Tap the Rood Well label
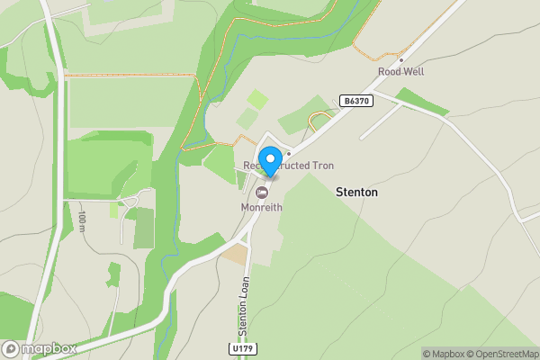pos(400,72)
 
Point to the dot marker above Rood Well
pos(400,59)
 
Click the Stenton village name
pos(356,193)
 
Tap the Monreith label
pos(262,207)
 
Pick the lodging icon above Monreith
pos(262,193)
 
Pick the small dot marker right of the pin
pos(288,153)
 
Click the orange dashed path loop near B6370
pos(319,121)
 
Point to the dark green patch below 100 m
pos(144,228)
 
